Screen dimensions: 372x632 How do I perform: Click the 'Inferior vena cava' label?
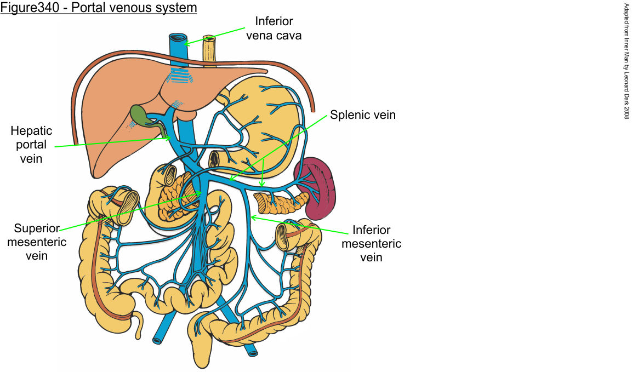click(274, 28)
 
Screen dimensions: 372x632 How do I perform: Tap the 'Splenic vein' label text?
click(362, 115)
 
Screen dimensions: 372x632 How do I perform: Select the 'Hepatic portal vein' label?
click(32, 145)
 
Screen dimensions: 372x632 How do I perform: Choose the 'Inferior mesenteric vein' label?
click(371, 243)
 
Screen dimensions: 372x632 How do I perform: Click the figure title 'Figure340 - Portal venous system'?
click(99, 8)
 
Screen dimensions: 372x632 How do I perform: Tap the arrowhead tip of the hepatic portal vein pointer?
click(171, 138)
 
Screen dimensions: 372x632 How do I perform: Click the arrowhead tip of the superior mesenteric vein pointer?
click(201, 192)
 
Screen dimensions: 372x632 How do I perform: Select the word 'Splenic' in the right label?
click(349, 115)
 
